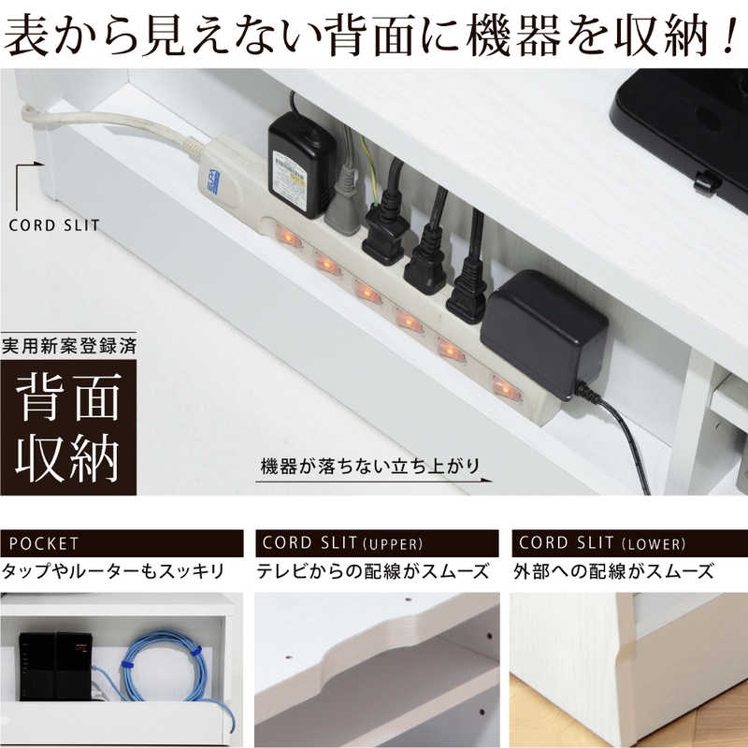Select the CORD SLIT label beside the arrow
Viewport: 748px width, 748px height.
(53, 224)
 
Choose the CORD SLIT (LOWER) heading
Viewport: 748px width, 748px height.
(629, 543)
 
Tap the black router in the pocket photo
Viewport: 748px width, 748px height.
(53, 666)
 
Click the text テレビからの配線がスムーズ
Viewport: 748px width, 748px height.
(373, 570)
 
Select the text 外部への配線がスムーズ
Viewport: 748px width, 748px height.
(614, 570)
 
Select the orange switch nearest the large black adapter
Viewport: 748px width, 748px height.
(505, 386)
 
